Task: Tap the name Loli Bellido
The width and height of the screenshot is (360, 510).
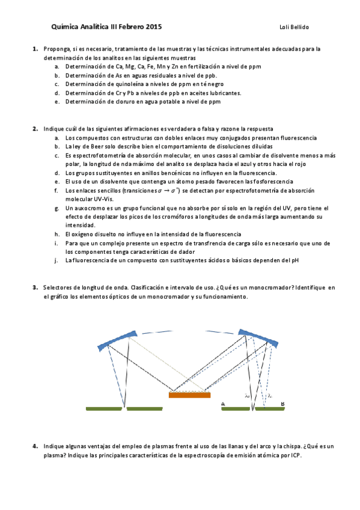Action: coord(294,27)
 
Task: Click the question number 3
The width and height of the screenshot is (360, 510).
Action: coord(35,287)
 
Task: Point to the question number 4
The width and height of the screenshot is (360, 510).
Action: coord(35,446)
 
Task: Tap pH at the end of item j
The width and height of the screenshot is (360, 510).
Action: coord(294,260)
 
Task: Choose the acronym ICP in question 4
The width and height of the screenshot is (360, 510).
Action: coord(293,455)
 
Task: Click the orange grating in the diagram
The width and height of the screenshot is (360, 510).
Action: coord(189,395)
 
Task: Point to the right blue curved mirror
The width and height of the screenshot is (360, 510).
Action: coord(258,338)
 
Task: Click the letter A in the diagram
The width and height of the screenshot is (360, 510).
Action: coord(223,403)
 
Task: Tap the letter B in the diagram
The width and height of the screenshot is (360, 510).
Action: coord(283,403)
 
